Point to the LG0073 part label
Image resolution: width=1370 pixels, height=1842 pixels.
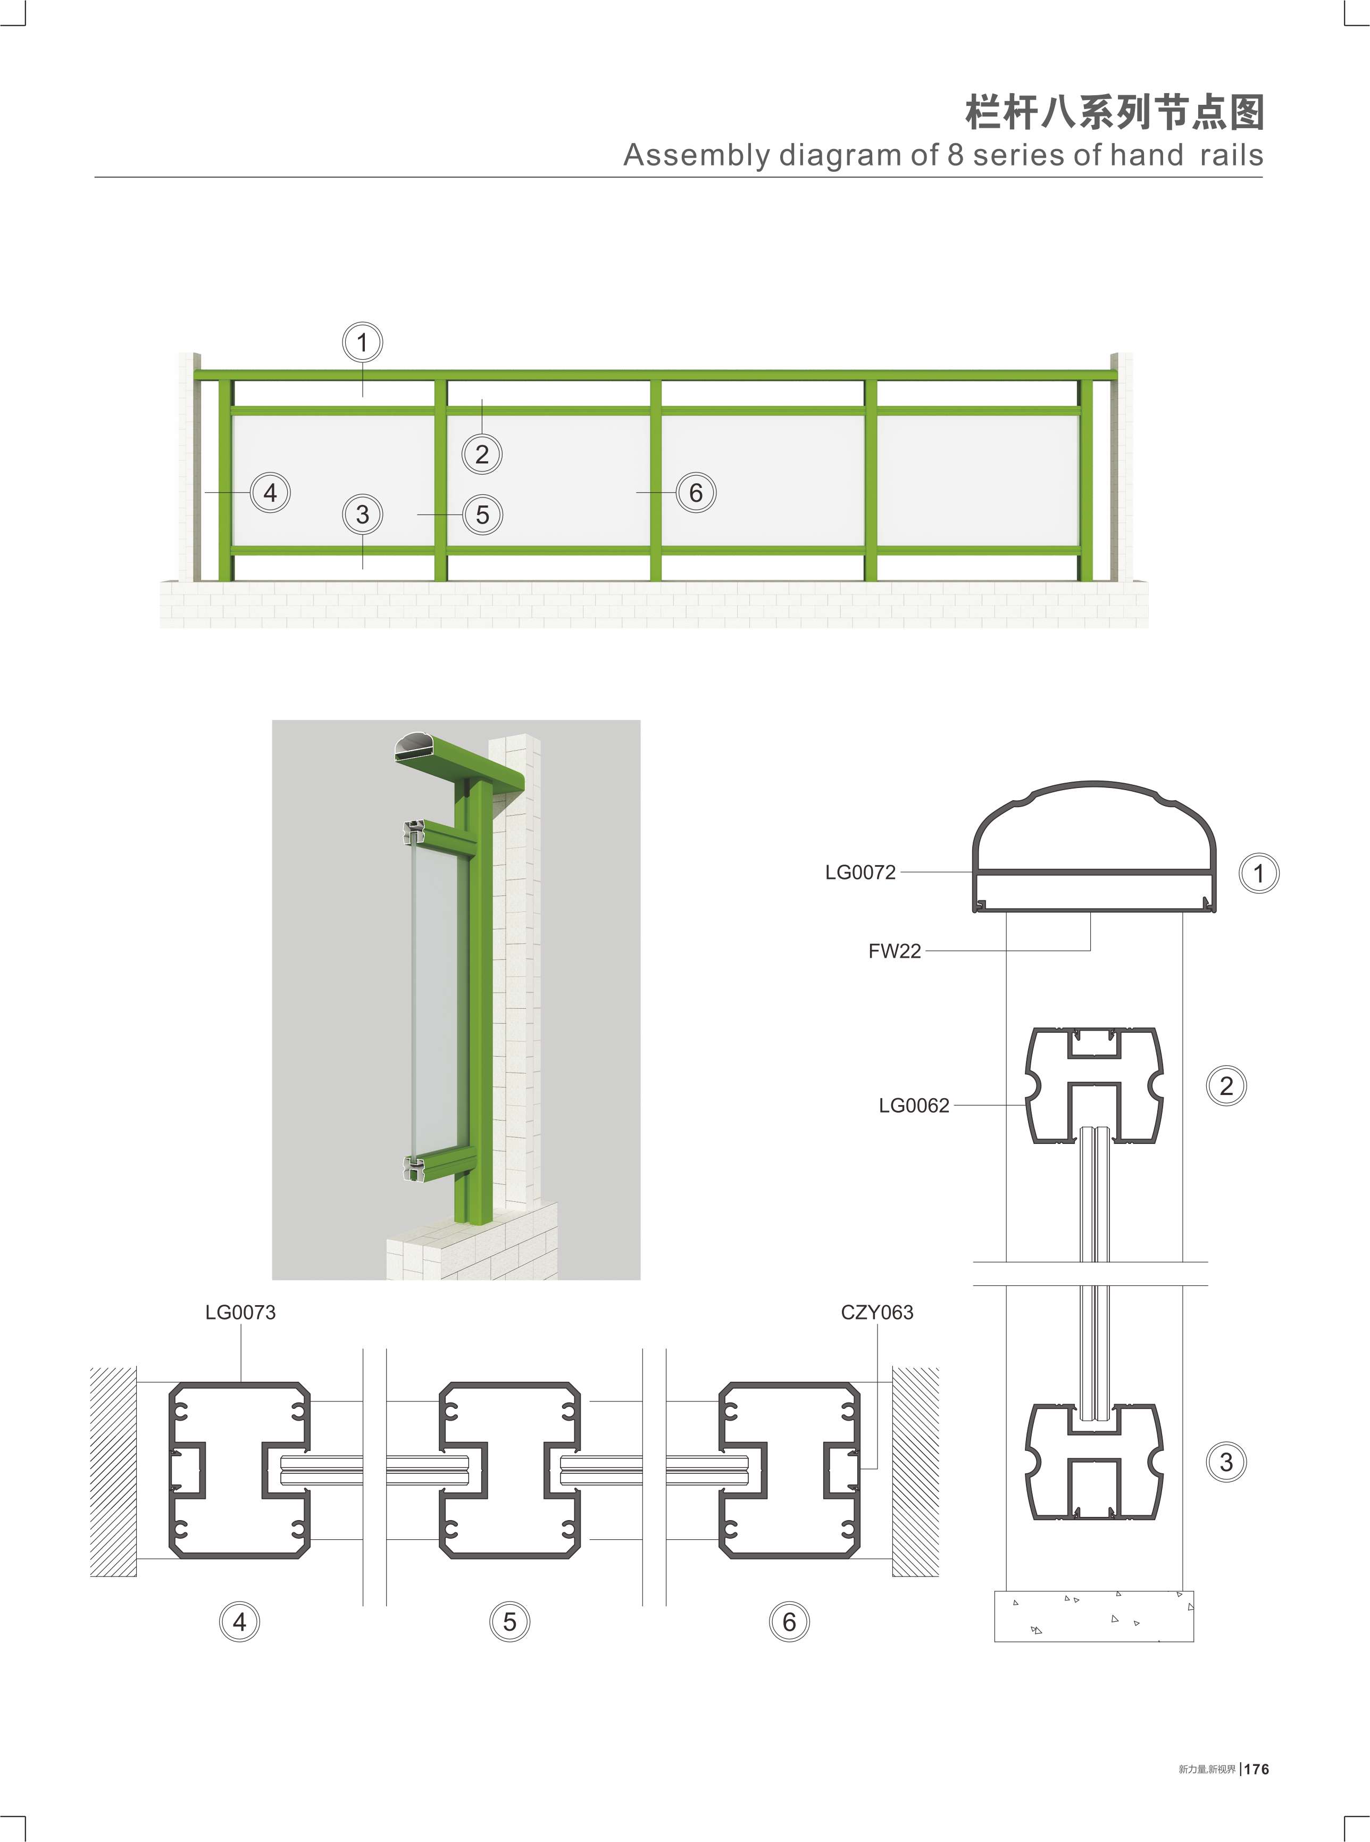click(240, 1312)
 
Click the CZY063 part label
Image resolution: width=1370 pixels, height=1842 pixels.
click(876, 1312)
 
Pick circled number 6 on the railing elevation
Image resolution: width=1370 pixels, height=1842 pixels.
click(696, 492)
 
